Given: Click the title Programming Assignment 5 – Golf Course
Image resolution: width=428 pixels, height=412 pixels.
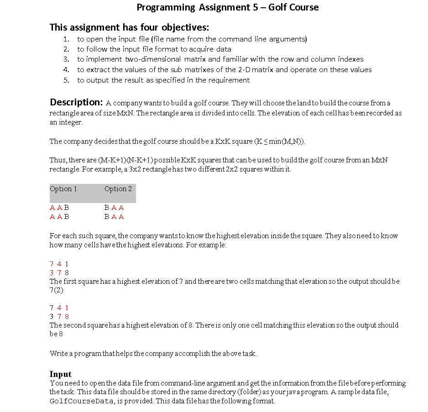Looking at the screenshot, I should point(228,7).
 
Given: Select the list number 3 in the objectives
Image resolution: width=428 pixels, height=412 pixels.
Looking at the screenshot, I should point(66,59).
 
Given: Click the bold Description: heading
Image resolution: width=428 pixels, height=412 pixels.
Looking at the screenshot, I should point(76,102).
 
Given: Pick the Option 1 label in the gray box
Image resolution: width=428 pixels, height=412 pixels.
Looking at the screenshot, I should point(63,189).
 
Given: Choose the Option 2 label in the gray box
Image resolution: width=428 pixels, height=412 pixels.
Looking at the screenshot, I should point(118,189).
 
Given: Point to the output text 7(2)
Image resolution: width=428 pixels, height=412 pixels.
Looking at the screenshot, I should point(57,290).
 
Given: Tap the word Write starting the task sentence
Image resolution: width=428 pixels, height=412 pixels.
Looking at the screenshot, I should point(57,354).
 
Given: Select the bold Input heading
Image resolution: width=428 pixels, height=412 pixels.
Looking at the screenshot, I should point(61,374).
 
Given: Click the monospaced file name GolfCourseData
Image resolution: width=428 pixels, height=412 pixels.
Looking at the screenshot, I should point(81,402).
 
